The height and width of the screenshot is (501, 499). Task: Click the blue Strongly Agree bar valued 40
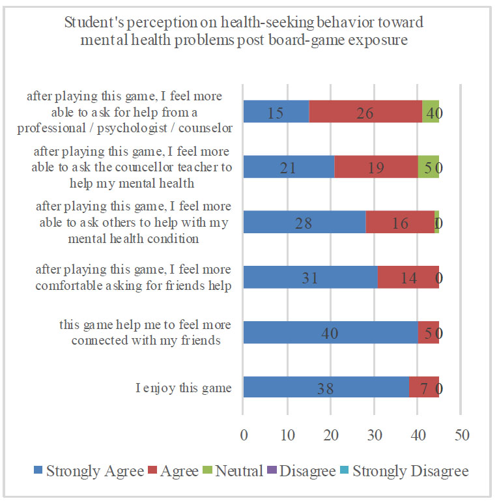point(330,333)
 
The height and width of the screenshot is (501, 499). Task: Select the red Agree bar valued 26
point(365,112)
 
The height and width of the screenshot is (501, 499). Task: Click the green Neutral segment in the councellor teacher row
point(428,167)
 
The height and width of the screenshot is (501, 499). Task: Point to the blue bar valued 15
point(276,112)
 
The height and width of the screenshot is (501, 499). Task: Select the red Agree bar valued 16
point(400,223)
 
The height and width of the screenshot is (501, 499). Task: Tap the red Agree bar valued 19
point(376,167)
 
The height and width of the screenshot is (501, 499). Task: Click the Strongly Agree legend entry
point(87,471)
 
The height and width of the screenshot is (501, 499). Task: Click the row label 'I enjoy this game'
point(184,389)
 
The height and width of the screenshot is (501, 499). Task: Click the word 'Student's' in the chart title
point(92,24)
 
